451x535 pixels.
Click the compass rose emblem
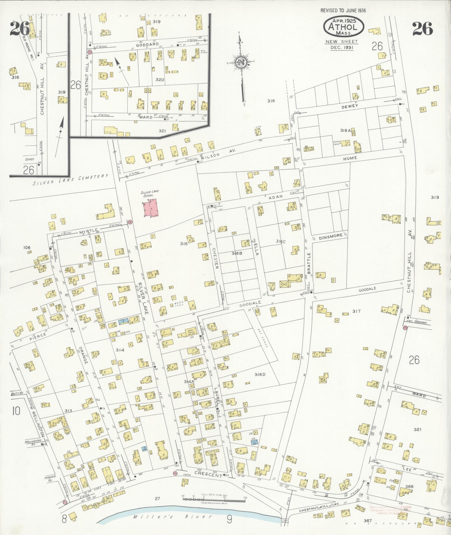240,62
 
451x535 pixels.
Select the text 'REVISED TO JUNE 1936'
343,11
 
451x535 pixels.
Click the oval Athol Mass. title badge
344,27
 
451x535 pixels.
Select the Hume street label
351,158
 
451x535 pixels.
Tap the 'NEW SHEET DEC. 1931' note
342,45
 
